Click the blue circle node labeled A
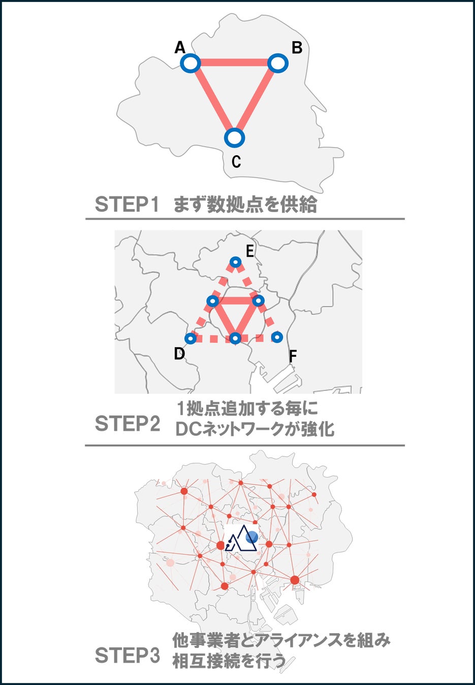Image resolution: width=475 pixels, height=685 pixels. (x=191, y=63)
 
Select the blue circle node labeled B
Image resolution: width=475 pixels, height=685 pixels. (x=278, y=63)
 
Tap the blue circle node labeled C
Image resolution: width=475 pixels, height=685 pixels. (x=235, y=138)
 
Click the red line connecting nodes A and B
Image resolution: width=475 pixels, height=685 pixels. (x=234, y=63)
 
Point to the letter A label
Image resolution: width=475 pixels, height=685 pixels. (x=180, y=48)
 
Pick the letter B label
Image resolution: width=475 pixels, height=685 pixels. (x=297, y=48)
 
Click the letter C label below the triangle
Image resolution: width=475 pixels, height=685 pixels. (x=236, y=161)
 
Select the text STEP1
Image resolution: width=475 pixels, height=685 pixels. (x=127, y=204)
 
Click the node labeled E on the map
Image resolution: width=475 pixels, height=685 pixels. (x=235, y=262)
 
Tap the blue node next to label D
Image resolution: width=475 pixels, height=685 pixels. (x=191, y=338)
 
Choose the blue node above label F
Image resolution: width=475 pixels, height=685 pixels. (x=277, y=337)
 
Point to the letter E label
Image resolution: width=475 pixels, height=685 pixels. (x=249, y=251)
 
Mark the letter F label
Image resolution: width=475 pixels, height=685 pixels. (x=293, y=356)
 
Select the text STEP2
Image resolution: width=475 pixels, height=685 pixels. (x=127, y=424)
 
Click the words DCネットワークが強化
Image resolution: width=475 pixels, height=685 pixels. (x=255, y=430)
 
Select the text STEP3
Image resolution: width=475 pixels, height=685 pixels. (x=127, y=656)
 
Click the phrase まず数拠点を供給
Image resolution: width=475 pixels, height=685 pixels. (x=245, y=204)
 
